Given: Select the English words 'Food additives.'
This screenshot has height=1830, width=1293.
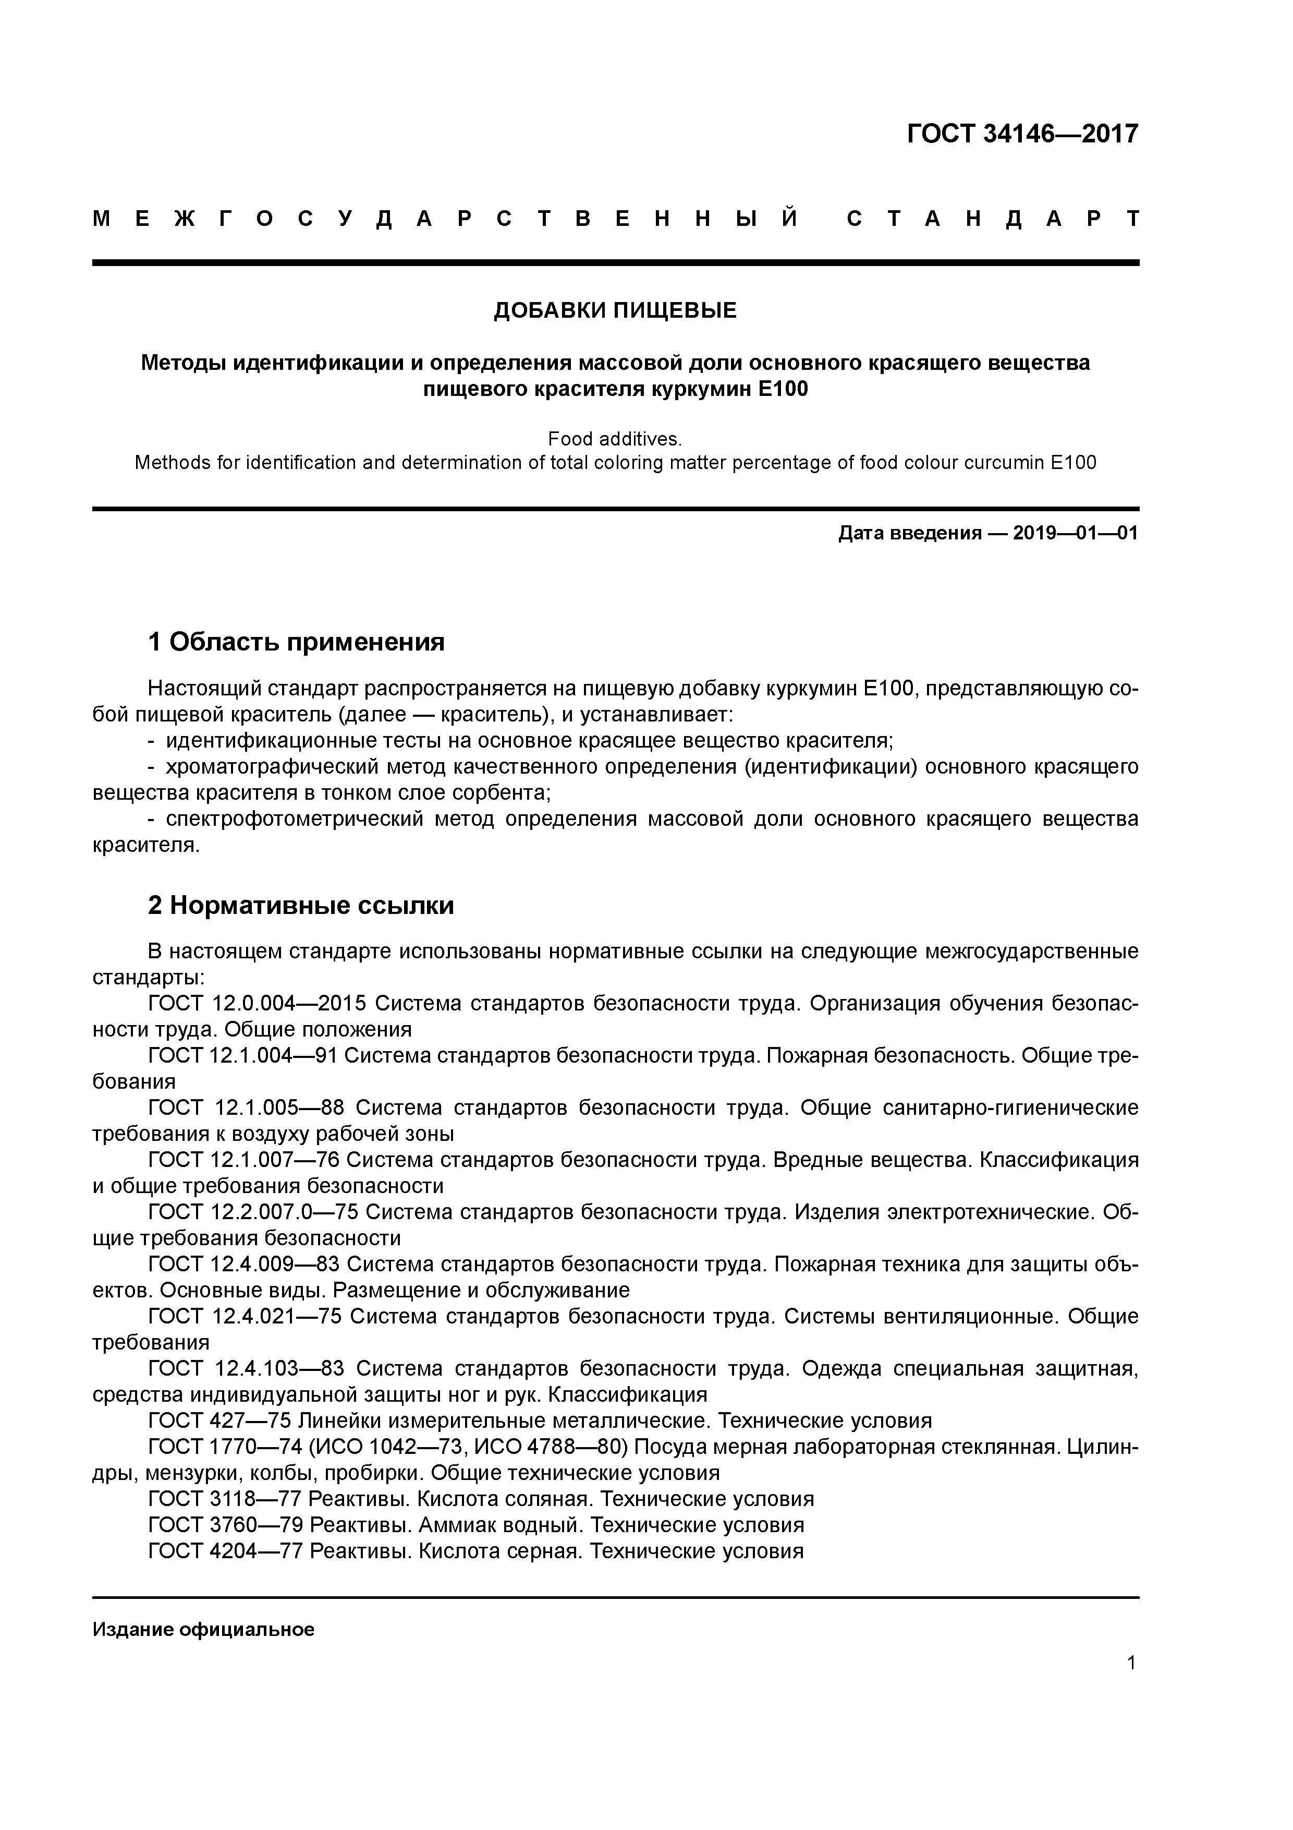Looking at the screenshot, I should click(x=615, y=439).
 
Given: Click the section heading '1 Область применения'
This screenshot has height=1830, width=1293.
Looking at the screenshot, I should click(x=296, y=642).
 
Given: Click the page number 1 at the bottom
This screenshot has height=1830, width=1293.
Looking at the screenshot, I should click(x=1131, y=1664).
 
